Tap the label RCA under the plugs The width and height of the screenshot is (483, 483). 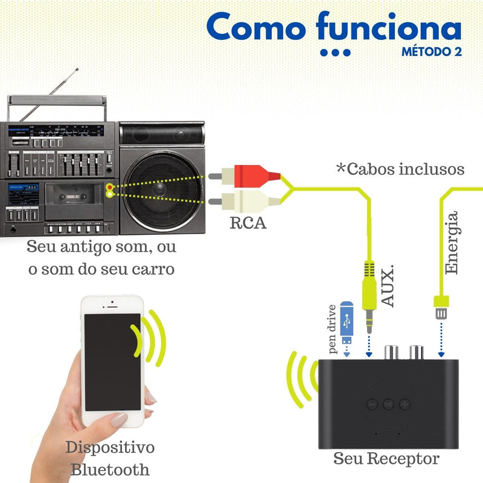coord(248,224)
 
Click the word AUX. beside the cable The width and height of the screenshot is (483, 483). coord(389,284)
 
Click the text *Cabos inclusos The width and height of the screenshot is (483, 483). coord(400,169)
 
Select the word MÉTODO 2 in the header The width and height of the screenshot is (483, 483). coord(432,52)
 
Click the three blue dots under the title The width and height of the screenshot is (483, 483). coord(335,53)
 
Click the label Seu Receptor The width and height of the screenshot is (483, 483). coord(386,458)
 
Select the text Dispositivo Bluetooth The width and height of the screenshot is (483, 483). coord(110,458)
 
